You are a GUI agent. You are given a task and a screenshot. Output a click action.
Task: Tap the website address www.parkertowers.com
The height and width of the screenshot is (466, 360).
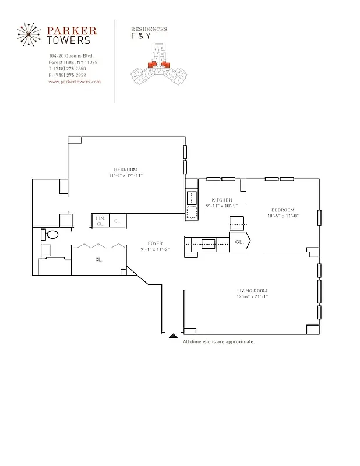75,82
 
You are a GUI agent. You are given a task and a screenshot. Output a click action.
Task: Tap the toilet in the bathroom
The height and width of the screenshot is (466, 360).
50,235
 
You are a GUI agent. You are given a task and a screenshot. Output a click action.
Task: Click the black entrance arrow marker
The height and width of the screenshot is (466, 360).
173,336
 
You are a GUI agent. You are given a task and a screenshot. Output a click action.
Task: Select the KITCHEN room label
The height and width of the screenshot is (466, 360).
221,200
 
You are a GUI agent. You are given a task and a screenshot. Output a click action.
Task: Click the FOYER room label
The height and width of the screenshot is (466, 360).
154,243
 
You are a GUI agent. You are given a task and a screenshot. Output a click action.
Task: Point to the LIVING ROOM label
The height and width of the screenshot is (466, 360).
252,290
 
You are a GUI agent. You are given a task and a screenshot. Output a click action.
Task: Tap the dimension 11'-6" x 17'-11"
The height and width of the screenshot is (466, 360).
125,175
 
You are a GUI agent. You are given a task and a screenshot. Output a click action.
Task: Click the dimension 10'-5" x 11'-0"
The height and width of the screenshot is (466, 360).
282,216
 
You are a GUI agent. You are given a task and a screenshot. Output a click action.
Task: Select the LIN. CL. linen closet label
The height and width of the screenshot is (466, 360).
100,221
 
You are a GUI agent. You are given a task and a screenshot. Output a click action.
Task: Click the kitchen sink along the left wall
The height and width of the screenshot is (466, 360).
191,202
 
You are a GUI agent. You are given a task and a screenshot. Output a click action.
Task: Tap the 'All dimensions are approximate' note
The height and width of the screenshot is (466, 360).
218,341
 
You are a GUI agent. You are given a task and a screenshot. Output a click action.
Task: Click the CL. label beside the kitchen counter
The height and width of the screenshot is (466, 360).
239,241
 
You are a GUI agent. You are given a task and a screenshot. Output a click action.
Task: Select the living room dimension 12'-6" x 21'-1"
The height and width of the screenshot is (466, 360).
252,296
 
